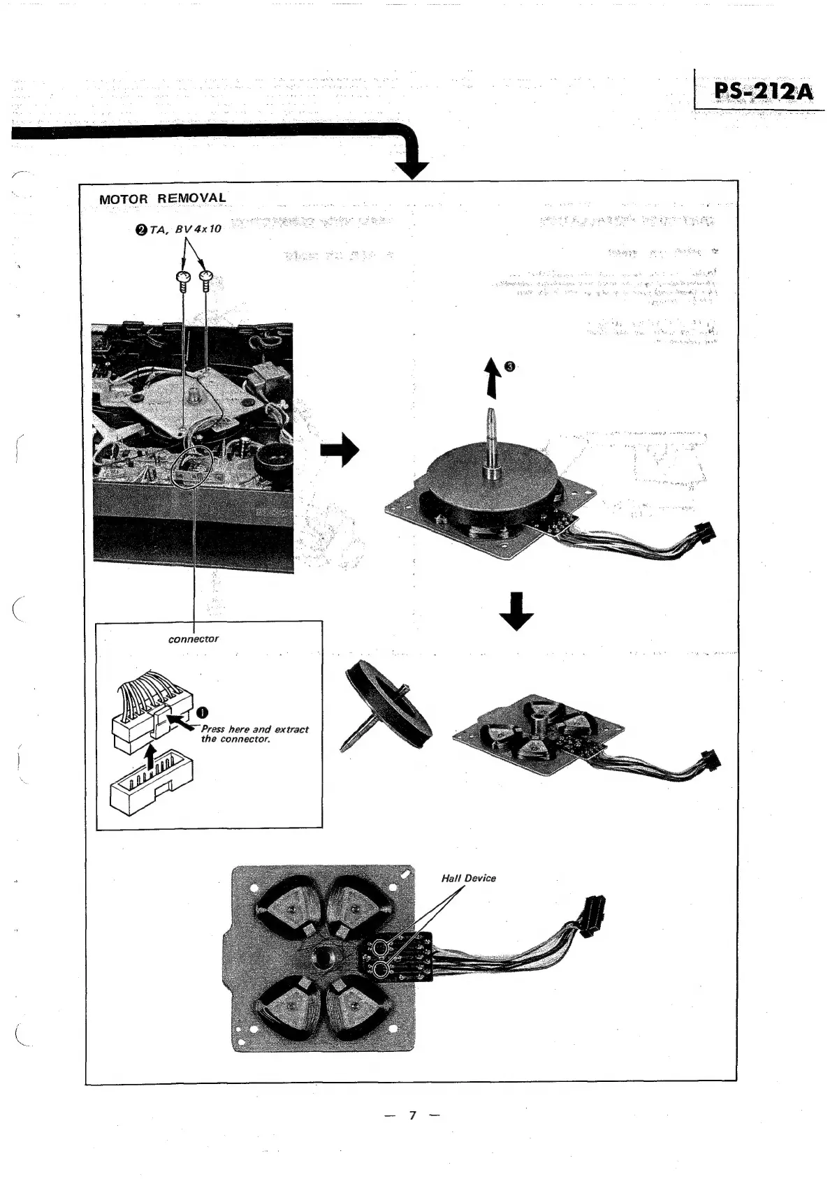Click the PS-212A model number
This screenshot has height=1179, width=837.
(763, 91)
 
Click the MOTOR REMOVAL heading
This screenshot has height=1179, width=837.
(163, 198)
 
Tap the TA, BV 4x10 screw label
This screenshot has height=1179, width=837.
(181, 228)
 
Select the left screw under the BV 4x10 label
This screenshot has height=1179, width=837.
(183, 280)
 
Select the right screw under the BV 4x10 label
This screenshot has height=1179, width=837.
(207, 280)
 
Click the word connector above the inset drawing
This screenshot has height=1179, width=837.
(194, 639)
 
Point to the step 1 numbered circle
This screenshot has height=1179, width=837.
(202, 712)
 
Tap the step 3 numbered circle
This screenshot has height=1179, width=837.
(510, 367)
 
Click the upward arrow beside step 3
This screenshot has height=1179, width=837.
(493, 376)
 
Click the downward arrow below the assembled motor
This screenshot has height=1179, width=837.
(517, 611)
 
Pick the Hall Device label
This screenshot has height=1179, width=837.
(468, 878)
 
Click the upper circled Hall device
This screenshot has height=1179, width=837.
(381, 948)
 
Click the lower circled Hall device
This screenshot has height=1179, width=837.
(381, 969)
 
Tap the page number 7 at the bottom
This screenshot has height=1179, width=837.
(412, 1115)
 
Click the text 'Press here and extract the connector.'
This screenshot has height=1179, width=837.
(254, 733)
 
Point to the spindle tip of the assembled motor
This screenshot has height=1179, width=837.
(492, 412)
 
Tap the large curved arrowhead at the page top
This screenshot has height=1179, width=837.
(412, 166)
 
